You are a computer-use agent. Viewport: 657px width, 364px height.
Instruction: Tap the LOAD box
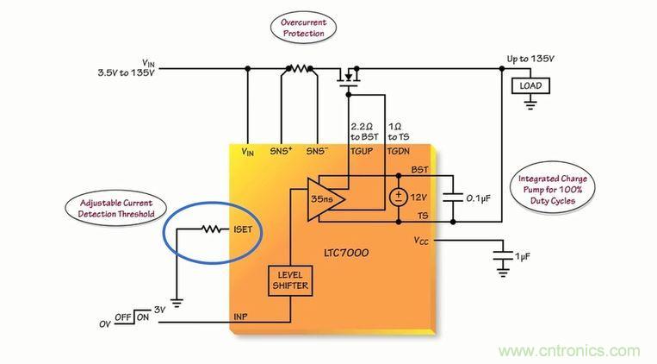[x=529, y=85]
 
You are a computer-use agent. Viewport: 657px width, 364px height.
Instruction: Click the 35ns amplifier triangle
[x=319, y=199]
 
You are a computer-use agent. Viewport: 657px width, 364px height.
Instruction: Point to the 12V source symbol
[x=399, y=197]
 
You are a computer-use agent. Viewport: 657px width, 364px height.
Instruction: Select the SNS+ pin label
[x=282, y=152]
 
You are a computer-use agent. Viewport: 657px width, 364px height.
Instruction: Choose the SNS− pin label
[x=318, y=152]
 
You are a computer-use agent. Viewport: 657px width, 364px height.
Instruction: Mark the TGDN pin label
[x=399, y=152]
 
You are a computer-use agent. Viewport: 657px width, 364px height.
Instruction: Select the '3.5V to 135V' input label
[x=127, y=72]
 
